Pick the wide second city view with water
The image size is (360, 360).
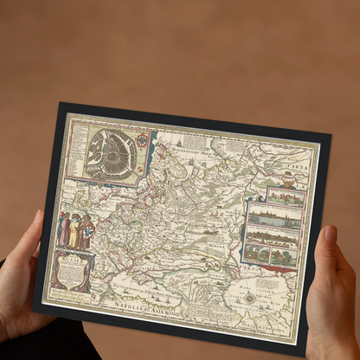(x=274, y=217)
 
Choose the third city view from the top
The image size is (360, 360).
(x=273, y=235)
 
